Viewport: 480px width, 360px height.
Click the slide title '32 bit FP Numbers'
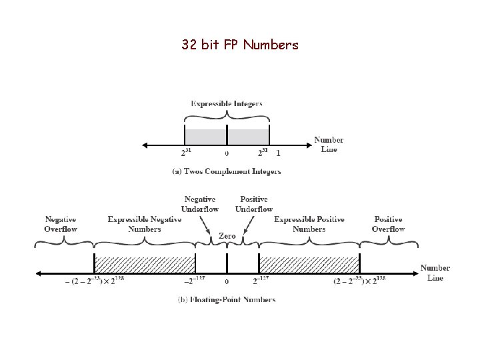[240, 45]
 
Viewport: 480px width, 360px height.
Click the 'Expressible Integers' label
[227, 103]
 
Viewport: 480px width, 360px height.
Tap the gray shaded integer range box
[227, 135]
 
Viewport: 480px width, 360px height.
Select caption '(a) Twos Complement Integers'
[227, 171]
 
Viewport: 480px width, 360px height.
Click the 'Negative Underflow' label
[200, 204]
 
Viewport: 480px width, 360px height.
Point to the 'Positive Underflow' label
[253, 204]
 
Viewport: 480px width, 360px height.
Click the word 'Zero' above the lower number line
[227, 236]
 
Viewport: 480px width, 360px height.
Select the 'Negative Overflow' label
[61, 224]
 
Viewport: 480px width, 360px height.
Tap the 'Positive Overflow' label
[388, 224]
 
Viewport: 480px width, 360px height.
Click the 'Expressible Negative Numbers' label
[144, 224]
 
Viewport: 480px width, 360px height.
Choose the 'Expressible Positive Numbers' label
[309, 224]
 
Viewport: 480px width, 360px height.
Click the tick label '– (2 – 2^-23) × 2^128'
[94, 281]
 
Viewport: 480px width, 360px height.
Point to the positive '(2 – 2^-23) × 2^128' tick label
[359, 281]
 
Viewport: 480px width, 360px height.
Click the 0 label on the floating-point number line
[227, 282]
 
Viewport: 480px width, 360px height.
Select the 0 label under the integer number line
[227, 153]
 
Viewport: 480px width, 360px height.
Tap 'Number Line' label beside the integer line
[329, 145]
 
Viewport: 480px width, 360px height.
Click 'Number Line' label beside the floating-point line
[435, 273]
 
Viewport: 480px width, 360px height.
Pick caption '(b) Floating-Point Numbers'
[227, 300]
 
